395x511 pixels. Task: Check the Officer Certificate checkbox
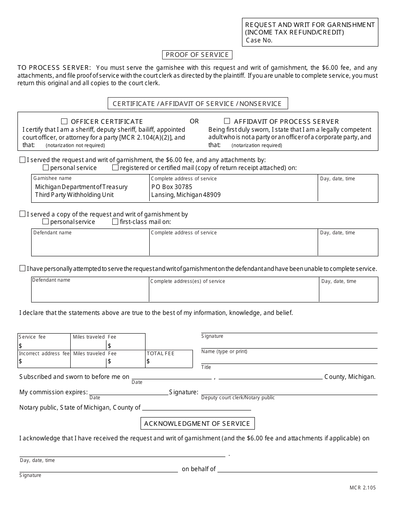point(64,121)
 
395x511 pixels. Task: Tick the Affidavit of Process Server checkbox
point(227,121)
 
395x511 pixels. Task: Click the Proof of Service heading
point(197,55)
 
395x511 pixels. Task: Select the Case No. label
point(259,40)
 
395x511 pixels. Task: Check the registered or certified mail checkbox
point(115,168)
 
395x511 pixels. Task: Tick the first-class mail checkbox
point(115,222)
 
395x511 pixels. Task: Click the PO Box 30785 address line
point(172,187)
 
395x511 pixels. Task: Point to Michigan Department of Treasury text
point(81,187)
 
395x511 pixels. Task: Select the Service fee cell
point(44,341)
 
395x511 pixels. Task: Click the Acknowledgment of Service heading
point(197,423)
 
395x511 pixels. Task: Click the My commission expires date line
point(128,392)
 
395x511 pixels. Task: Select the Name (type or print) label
point(224,351)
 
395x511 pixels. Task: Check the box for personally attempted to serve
point(22,268)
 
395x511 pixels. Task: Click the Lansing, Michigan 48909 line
point(186,195)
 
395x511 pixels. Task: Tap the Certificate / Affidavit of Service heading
point(197,103)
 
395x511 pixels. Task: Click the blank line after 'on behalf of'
point(297,469)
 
